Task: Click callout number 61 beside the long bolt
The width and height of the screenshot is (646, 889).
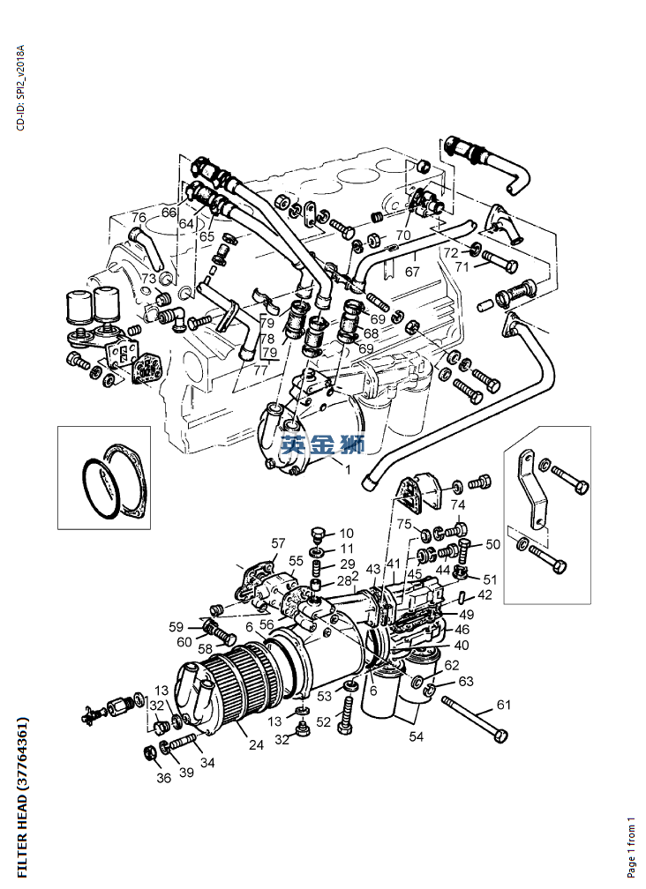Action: [x=503, y=704]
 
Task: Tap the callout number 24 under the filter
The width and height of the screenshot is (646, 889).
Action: [x=256, y=745]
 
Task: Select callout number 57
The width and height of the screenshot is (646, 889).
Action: [x=279, y=543]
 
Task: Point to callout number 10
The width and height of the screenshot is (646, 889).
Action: [x=346, y=533]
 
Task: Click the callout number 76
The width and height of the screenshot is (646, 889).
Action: [x=139, y=218]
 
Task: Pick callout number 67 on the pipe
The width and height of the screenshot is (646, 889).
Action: [x=412, y=273]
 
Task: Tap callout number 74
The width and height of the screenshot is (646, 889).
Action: [x=457, y=504]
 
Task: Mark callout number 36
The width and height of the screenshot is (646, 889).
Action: [x=164, y=778]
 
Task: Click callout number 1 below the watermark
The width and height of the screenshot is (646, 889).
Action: [x=348, y=470]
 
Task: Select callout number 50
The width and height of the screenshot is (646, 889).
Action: [x=492, y=544]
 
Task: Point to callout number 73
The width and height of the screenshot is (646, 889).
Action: [x=148, y=279]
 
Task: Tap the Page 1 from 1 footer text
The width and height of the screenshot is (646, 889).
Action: [x=631, y=846]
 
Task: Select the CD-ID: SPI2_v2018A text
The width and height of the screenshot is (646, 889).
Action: [x=21, y=87]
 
